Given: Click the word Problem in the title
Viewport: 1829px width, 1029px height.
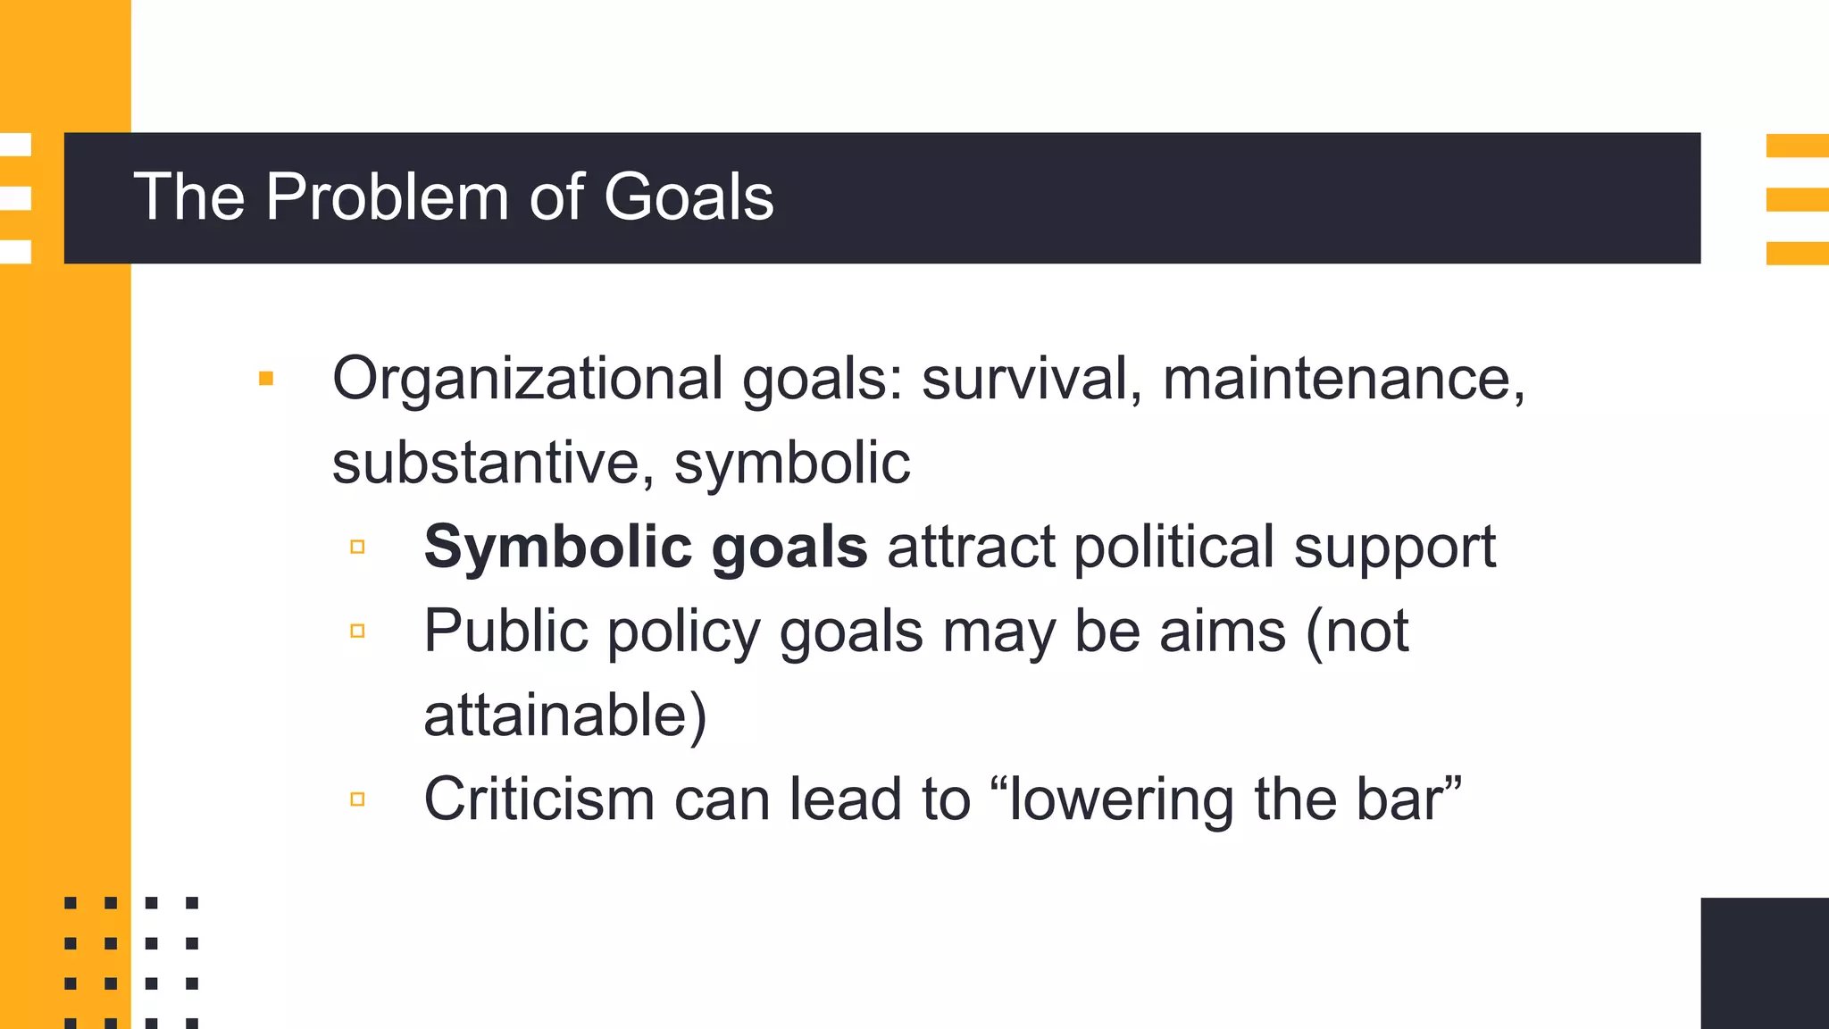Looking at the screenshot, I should (x=386, y=197).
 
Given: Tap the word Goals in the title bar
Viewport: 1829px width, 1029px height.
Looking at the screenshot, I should (x=689, y=197).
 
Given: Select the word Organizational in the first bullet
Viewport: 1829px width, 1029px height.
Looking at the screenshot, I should (x=527, y=380).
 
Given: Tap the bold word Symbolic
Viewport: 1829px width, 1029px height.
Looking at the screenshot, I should (x=557, y=548).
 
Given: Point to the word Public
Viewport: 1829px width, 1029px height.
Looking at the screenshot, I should (x=505, y=632).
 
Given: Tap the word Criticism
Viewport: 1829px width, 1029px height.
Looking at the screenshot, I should (x=539, y=799).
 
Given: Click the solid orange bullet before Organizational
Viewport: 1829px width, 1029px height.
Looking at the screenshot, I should (x=266, y=379).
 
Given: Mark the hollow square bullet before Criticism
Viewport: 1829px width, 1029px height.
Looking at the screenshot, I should (x=357, y=799).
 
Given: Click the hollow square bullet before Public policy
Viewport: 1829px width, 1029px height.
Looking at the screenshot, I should (x=357, y=632).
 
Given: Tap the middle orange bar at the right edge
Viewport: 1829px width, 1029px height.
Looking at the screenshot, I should (x=1797, y=199).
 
